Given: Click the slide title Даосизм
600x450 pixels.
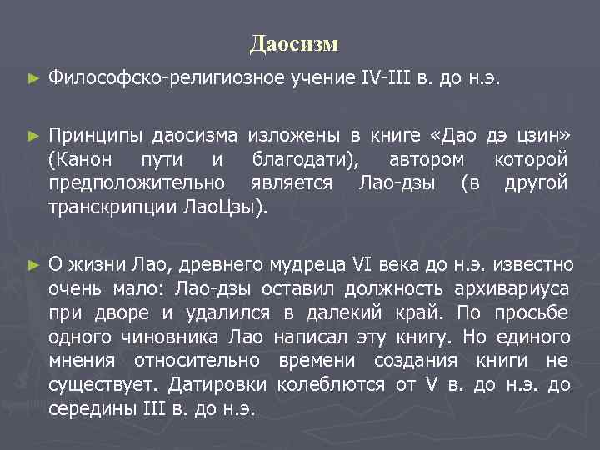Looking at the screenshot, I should click(x=293, y=42).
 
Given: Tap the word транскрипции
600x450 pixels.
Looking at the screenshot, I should click(x=112, y=207).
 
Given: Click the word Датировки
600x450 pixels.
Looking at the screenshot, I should click(x=217, y=385).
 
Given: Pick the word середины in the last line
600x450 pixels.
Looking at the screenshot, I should click(x=90, y=409).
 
